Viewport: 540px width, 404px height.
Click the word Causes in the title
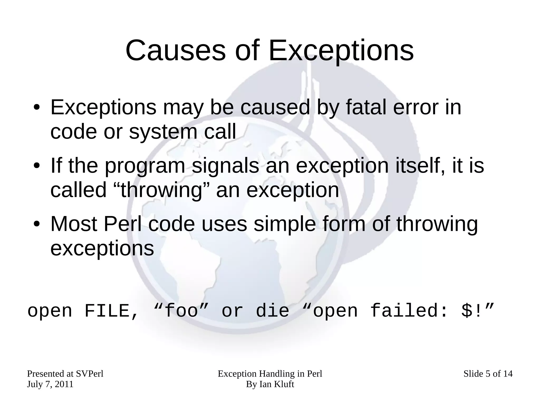pos(176,50)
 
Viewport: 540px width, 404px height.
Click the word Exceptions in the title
pos(341,50)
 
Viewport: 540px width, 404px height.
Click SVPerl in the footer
pos(89,374)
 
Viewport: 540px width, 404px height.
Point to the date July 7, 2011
pos(50,384)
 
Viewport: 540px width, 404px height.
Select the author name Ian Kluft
pos(277,384)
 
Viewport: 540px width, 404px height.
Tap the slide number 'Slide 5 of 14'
pos(488,374)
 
